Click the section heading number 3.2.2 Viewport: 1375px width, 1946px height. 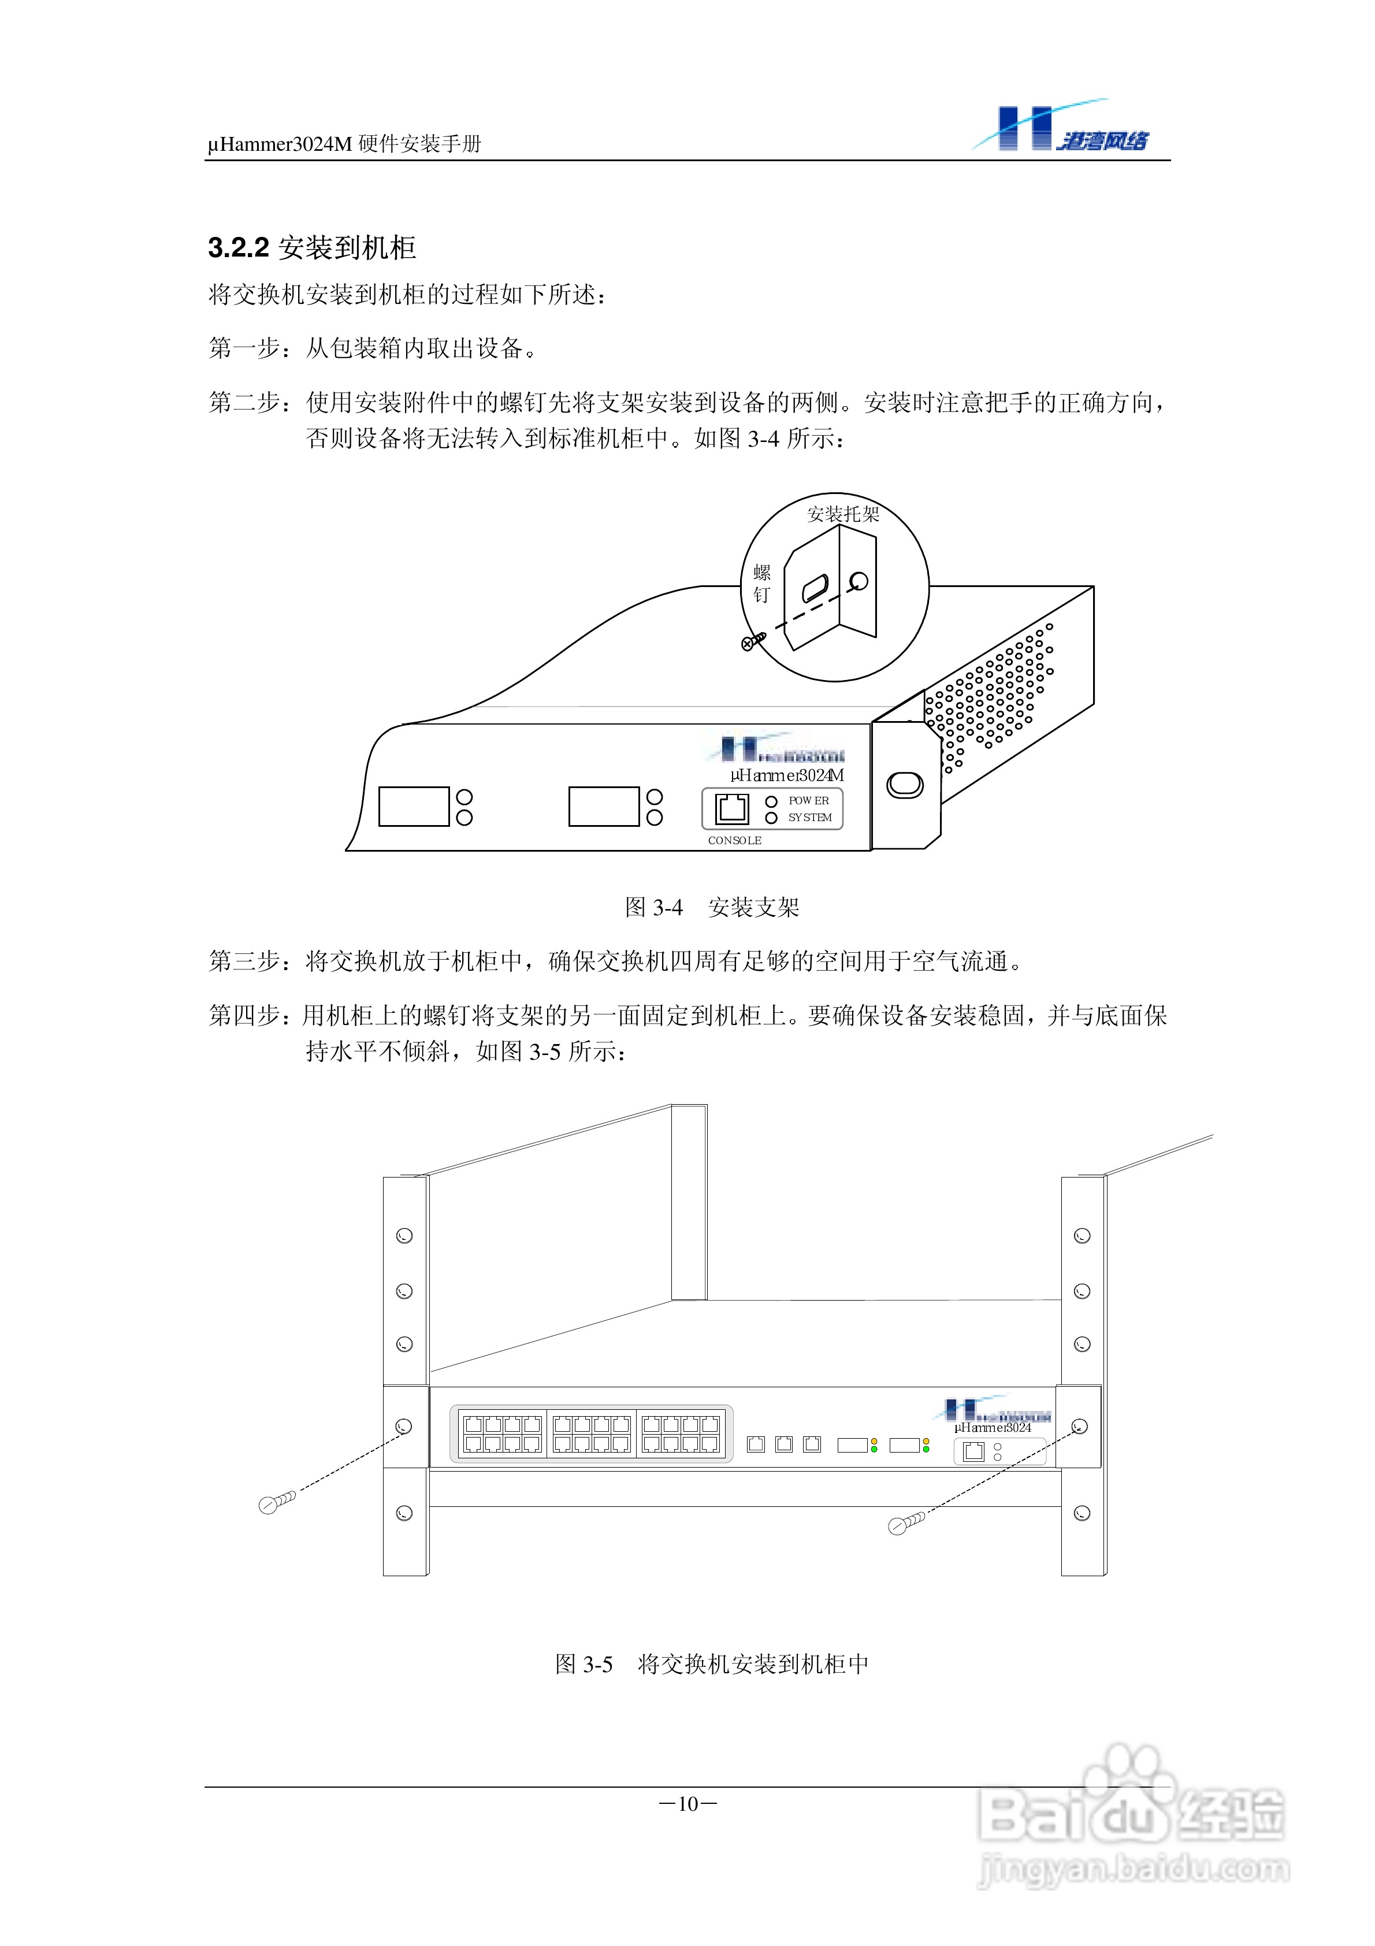click(x=238, y=248)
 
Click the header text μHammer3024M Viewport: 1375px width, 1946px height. click(x=280, y=144)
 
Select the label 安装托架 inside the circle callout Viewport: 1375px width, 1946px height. click(x=843, y=514)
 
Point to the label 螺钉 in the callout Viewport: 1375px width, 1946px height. click(x=761, y=584)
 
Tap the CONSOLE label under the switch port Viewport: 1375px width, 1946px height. click(x=734, y=841)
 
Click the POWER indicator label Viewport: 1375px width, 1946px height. click(x=809, y=801)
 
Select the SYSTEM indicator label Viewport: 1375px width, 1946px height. click(x=809, y=818)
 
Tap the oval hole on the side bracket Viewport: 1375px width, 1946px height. click(x=905, y=785)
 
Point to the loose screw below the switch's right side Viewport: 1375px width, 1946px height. click(x=905, y=1524)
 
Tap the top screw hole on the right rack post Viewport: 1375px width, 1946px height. click(x=1082, y=1236)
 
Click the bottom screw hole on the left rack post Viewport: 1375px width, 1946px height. click(x=404, y=1513)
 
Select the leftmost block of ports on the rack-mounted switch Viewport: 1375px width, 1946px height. click(x=502, y=1434)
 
